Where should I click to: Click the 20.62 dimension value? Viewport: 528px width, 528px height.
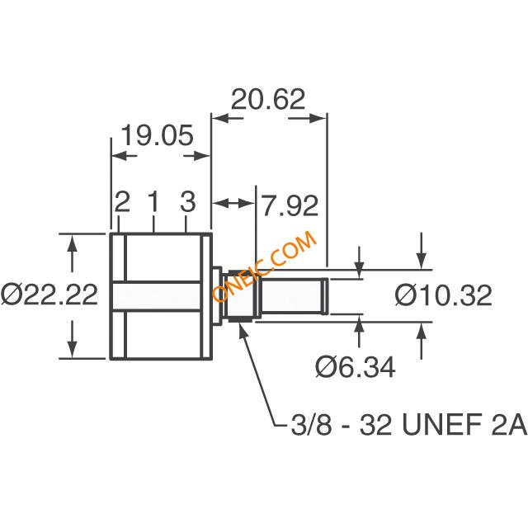click(268, 100)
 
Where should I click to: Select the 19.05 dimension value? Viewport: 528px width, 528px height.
click(157, 135)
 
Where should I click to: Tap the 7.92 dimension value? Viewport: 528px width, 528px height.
click(290, 205)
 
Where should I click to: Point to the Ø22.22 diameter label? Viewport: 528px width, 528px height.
click(49, 294)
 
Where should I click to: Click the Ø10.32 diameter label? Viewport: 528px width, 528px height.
click(443, 295)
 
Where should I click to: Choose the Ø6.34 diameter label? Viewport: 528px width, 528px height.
click(356, 367)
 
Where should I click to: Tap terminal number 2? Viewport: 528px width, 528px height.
click(122, 201)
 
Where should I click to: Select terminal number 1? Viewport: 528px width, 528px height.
click(153, 201)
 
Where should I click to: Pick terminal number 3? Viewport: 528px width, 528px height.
click(187, 201)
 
